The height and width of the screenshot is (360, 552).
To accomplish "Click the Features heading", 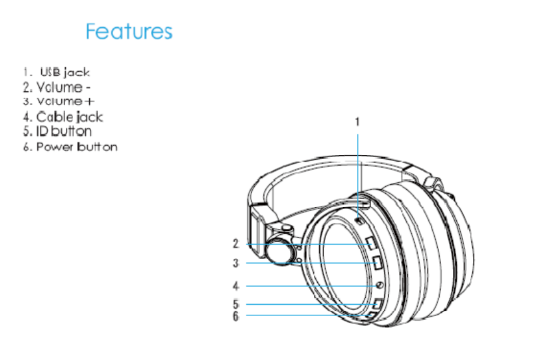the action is coord(129,31).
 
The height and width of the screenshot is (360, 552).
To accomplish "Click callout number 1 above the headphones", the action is coord(357,122).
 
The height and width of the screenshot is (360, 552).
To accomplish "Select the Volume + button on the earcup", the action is coord(378,264).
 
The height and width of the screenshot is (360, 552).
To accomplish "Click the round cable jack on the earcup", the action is coord(379,286).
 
